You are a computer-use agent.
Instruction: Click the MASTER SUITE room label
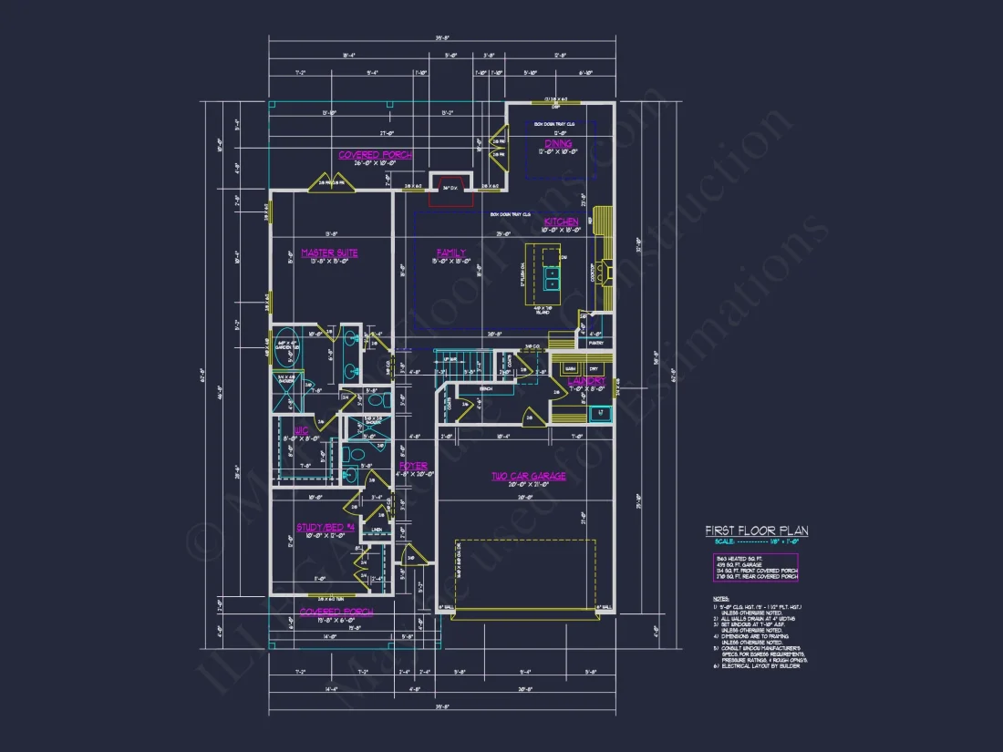(329, 253)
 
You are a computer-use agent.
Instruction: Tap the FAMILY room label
(450, 253)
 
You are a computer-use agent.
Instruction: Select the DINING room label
(558, 144)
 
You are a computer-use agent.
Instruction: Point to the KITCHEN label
(561, 222)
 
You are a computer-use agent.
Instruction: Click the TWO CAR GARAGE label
(528, 477)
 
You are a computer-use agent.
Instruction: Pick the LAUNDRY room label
(586, 381)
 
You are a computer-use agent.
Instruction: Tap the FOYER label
(414, 467)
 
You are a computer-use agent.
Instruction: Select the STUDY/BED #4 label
(325, 528)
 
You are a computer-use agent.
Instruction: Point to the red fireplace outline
(448, 186)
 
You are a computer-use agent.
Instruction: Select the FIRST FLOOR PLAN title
(756, 531)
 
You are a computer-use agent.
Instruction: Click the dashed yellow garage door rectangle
(525, 574)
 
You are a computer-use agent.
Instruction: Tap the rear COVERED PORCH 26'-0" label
(375, 155)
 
